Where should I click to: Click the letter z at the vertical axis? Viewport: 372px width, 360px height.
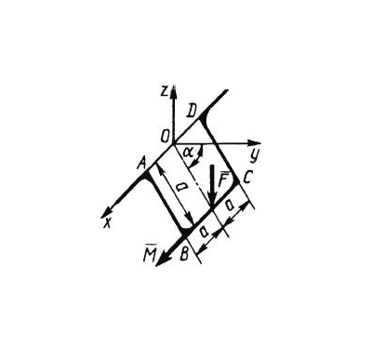(x=165, y=91)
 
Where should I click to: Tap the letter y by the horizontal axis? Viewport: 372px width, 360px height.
(x=254, y=156)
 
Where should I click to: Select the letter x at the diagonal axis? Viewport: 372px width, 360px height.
(x=107, y=223)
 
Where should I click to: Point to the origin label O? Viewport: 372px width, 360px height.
(x=165, y=136)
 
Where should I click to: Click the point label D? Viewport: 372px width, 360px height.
(x=192, y=112)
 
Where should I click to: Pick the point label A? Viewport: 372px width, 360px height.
(x=142, y=162)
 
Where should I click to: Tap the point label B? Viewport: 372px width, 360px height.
(x=184, y=254)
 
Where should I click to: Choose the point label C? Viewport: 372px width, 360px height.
(x=248, y=178)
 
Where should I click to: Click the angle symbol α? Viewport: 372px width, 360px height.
(x=188, y=152)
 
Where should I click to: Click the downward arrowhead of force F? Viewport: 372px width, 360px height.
(x=212, y=204)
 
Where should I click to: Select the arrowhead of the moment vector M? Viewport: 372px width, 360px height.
(x=162, y=260)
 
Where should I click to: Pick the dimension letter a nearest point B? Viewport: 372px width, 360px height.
(x=204, y=232)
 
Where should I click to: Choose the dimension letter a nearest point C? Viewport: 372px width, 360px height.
(x=230, y=205)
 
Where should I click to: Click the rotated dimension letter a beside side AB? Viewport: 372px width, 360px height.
(x=180, y=187)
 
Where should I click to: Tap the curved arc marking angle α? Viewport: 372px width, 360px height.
(x=198, y=156)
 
